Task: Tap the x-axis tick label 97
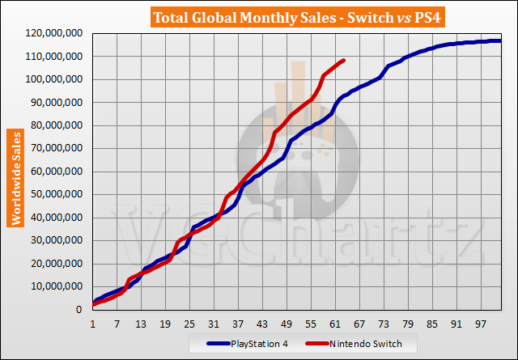tap(482, 324)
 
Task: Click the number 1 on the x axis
tap(93, 324)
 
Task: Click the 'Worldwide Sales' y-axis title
tap(15, 177)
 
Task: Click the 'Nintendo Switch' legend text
tap(362, 345)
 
